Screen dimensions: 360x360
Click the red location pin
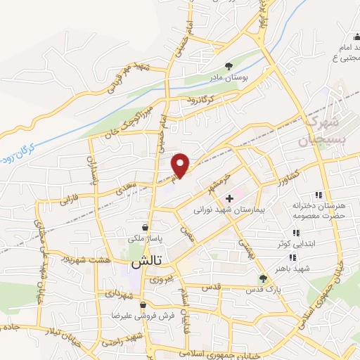tap(181, 165)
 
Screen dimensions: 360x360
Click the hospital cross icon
tap(229, 199)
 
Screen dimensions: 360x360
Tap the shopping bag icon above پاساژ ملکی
tap(144, 227)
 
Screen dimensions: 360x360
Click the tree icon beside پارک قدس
tap(263, 278)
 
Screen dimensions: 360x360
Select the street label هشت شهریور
tap(96, 258)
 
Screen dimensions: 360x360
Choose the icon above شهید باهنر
tap(292, 258)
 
